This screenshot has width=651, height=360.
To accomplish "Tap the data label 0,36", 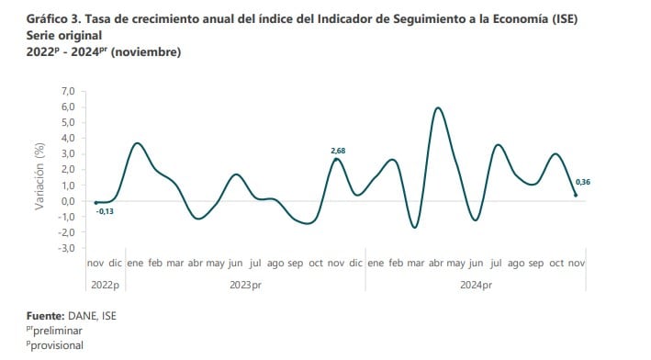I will click(582, 183).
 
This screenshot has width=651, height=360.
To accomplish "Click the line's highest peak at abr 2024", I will click(438, 108).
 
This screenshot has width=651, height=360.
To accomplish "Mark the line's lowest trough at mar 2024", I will click(414, 227).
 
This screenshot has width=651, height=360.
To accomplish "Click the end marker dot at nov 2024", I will click(576, 195).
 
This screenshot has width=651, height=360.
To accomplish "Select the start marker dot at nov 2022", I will click(95, 202).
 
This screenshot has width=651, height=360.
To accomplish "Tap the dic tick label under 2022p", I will click(115, 263).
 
